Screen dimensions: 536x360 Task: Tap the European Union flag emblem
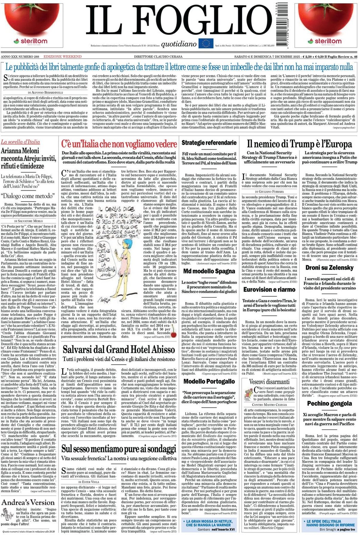click(x=206, y=43)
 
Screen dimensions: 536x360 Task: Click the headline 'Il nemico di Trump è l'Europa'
click(x=299, y=144)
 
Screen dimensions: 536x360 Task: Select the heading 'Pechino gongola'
click(x=329, y=403)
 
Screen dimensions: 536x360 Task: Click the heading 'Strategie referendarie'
click(x=209, y=143)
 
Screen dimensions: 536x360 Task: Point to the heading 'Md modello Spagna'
click(x=209, y=271)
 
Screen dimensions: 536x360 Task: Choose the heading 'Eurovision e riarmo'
click(x=269, y=290)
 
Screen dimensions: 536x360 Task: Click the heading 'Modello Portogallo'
click(x=209, y=381)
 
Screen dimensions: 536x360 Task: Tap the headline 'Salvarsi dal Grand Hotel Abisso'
click(x=119, y=349)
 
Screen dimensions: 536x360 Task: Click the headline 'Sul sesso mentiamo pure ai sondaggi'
click(x=119, y=449)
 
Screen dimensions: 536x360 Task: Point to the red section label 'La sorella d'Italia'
click(x=20, y=142)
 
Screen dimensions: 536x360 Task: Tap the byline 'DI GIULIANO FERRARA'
click(x=269, y=191)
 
